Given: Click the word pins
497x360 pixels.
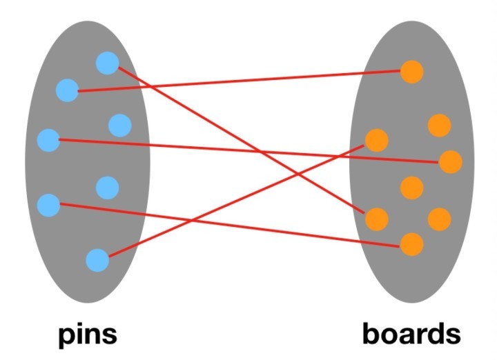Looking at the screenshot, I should point(87,334).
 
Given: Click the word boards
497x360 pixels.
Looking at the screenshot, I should point(411,334).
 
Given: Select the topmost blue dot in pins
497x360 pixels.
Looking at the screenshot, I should point(107,63).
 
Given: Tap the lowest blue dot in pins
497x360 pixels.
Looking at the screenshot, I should point(97,260).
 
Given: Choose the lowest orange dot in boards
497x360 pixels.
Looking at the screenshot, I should point(411,243).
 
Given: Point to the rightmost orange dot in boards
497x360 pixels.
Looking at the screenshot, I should point(450,162).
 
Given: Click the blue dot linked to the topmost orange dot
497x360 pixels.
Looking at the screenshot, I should point(67,90).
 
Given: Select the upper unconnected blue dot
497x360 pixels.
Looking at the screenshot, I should point(119,125).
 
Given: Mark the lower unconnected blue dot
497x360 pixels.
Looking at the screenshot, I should point(107,187).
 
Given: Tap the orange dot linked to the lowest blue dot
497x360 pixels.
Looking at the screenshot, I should point(376,140).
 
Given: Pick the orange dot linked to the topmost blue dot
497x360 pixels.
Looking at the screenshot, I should point(376,219).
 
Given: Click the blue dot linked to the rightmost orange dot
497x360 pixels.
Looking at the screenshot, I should point(48,139).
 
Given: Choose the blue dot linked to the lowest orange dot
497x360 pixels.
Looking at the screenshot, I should point(48,204).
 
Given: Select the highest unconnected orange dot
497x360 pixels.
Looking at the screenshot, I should point(439,125).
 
